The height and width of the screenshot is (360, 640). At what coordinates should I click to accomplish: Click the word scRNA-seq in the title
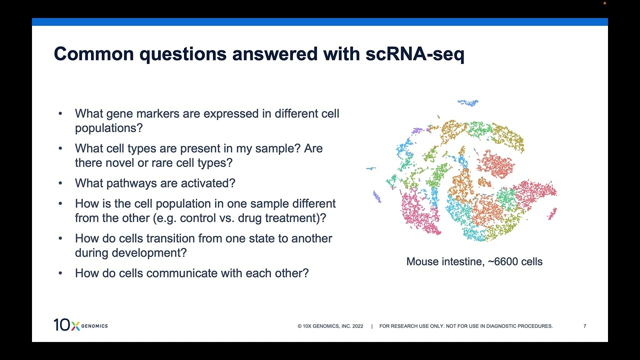[x=414, y=54]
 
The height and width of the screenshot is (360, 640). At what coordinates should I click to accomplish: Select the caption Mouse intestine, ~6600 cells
[x=474, y=261]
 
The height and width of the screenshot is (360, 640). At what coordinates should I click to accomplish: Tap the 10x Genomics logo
[x=80, y=325]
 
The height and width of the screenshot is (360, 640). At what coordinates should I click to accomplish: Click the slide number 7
[x=584, y=326]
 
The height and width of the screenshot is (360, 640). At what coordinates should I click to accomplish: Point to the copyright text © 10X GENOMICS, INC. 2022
[x=330, y=326]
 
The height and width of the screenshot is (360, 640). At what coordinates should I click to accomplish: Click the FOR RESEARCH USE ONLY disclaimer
[x=465, y=326]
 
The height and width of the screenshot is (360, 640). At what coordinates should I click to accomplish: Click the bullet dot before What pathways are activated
[x=60, y=183]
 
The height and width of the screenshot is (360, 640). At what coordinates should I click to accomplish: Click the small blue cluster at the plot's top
[x=468, y=102]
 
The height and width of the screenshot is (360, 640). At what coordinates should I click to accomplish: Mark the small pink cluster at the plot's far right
[x=552, y=214]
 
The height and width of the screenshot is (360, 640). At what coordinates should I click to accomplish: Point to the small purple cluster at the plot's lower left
[x=377, y=196]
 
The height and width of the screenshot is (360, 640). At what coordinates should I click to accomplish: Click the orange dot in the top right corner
[x=604, y=3]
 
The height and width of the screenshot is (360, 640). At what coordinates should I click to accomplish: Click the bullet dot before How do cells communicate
[x=60, y=273]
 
